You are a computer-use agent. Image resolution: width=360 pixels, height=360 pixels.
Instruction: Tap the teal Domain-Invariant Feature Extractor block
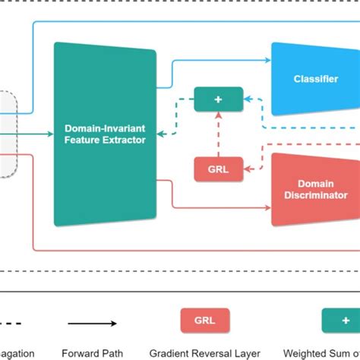pos(105,134)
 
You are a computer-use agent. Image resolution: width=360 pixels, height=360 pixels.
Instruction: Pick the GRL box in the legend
pos(204,321)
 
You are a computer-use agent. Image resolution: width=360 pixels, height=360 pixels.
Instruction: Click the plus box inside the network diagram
pos(219,99)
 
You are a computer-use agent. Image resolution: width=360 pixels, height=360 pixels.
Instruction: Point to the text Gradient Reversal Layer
pos(204,352)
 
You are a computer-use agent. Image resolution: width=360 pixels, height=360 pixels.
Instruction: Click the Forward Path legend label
pos(92,352)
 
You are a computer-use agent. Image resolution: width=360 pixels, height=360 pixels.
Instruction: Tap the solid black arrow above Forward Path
pos(91,324)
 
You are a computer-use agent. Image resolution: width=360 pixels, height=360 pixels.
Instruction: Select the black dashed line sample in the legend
pos(15,324)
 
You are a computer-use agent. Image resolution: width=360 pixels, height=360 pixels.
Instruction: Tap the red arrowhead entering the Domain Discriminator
pos(267,207)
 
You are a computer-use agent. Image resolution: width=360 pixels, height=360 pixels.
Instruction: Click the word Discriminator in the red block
pos(316,195)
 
